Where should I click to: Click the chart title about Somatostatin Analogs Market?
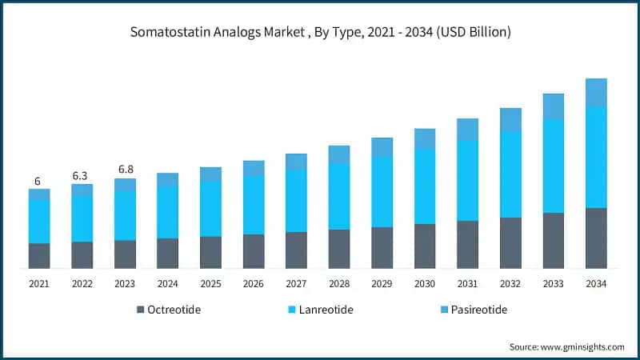point(320,33)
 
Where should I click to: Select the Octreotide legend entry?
point(169,310)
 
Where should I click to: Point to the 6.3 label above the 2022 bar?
point(82,175)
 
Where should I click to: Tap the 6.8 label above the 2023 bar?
point(125,170)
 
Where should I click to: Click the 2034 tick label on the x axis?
point(596,284)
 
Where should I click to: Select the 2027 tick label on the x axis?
point(296,284)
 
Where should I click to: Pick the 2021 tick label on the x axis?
point(39,284)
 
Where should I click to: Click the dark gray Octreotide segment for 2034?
point(596,238)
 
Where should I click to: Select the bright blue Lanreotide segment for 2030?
point(425,186)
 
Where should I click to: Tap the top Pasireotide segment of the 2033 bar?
point(553,106)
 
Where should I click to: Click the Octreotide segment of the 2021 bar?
point(39,256)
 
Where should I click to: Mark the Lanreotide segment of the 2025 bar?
point(210,209)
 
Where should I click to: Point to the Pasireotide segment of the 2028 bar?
point(339,154)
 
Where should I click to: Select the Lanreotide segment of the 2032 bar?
point(510,174)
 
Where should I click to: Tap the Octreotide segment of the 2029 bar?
point(382,247)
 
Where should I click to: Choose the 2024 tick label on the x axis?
point(168,284)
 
